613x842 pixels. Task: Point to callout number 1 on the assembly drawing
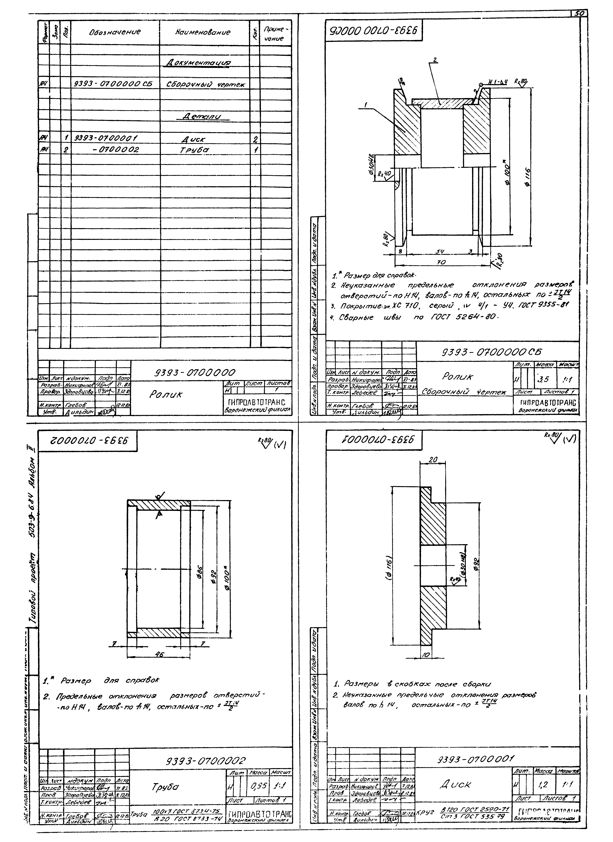coord(366,105)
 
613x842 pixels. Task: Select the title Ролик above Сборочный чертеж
coord(457,376)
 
